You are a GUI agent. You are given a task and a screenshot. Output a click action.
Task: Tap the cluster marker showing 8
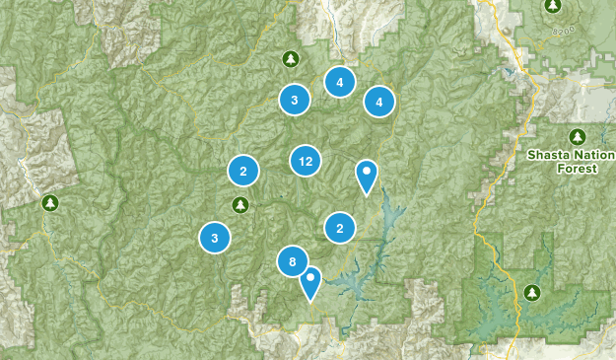pyautogui.click(x=293, y=261)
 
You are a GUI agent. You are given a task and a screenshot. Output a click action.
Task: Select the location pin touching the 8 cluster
pyautogui.click(x=311, y=282)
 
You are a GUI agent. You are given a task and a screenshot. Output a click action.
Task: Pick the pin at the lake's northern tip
pyautogui.click(x=367, y=176)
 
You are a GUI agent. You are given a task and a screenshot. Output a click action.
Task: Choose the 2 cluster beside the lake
pyautogui.click(x=340, y=228)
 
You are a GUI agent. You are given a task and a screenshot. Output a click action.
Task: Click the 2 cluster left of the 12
pyautogui.click(x=243, y=172)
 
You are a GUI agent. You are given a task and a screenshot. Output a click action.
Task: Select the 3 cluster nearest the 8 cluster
pyautogui.click(x=215, y=237)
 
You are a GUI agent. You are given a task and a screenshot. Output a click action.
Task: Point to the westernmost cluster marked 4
pyautogui.click(x=339, y=83)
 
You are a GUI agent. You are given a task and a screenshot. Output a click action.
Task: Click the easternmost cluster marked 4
pyautogui.click(x=378, y=101)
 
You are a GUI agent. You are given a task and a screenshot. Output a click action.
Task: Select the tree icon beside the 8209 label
pyautogui.click(x=554, y=6)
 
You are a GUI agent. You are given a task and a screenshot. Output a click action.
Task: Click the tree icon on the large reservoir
pyautogui.click(x=533, y=292)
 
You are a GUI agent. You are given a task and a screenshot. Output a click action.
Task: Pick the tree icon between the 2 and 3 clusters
pyautogui.click(x=239, y=204)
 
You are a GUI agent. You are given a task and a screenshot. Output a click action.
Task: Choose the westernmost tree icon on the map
pyautogui.click(x=49, y=203)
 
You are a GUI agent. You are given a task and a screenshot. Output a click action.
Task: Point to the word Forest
pyautogui.click(x=578, y=170)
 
